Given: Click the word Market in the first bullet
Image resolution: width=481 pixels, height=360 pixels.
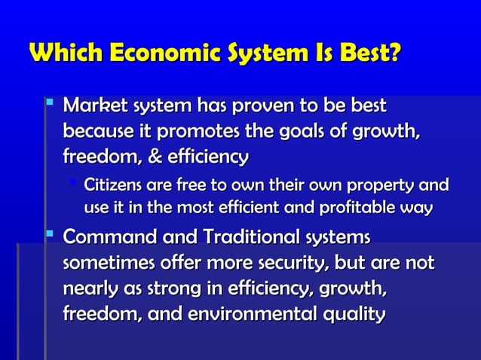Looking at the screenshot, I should pos(95,104).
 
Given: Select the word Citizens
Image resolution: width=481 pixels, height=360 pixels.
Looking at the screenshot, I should pos(115,185).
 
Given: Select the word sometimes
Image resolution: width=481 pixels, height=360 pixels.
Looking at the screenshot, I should pos(107,264).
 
